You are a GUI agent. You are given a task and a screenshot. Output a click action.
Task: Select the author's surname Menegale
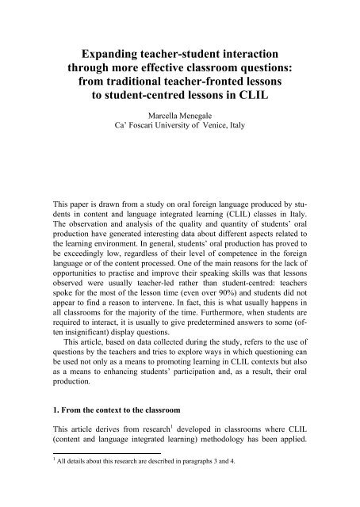tap(206, 120)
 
